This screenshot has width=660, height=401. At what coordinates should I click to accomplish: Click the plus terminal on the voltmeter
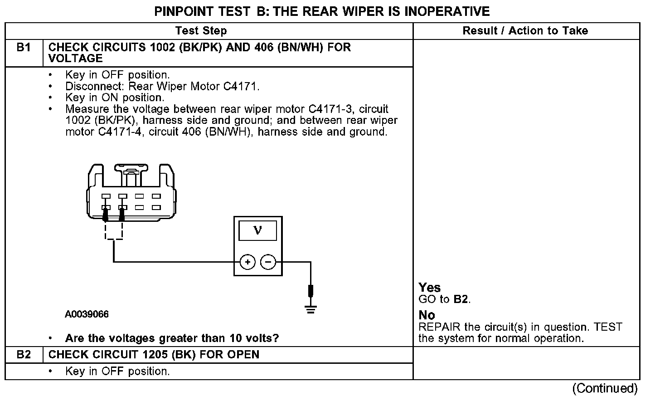247,262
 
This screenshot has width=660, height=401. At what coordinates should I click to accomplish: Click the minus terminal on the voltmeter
268,262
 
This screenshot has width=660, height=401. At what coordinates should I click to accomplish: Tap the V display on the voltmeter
257,230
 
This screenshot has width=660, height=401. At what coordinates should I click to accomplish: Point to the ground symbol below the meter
311,310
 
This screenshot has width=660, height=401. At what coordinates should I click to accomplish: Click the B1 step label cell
24,48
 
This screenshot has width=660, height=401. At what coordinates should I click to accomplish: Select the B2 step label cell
24,354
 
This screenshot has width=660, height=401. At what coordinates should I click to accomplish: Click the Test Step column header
201,31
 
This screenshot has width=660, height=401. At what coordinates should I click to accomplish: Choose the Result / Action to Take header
525,31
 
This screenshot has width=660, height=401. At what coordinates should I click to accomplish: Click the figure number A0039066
87,314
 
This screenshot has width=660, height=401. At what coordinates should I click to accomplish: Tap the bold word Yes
429,288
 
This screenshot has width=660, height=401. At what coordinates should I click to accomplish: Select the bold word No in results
427,315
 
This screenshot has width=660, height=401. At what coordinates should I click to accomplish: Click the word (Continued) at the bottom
605,388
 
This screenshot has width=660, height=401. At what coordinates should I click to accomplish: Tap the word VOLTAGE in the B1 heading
76,59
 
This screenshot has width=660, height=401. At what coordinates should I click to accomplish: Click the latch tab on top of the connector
131,171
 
